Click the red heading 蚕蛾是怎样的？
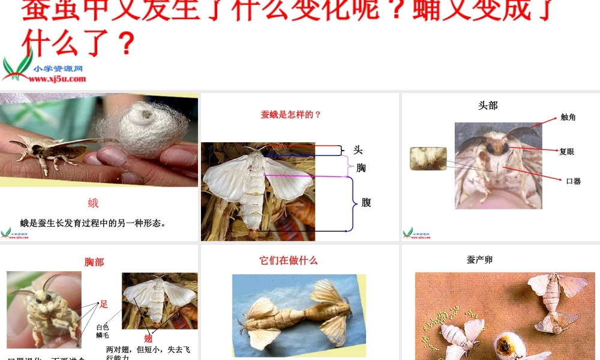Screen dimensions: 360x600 (x=291, y=115)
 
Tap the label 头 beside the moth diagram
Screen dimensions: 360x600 (x=358, y=150)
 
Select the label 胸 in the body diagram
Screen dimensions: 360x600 (x=361, y=168)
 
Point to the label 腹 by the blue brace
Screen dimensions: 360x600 (x=366, y=203)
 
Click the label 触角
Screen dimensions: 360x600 (x=568, y=118)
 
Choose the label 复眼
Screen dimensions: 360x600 (x=566, y=152)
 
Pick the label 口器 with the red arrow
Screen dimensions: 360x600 (x=573, y=181)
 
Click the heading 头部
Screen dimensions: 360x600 (x=488, y=106)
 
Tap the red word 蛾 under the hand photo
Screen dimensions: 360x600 (x=93, y=203)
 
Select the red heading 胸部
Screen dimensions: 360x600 (x=94, y=262)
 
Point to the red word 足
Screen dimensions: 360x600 (x=104, y=304)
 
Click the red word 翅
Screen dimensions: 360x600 (x=148, y=338)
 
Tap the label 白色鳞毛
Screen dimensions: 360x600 (x=103, y=331)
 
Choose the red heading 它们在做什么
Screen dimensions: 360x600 (x=288, y=260)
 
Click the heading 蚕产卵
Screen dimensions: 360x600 (x=479, y=260)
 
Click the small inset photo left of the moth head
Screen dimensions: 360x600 (x=428, y=158)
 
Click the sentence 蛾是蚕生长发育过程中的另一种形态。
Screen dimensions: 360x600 (x=93, y=223)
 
